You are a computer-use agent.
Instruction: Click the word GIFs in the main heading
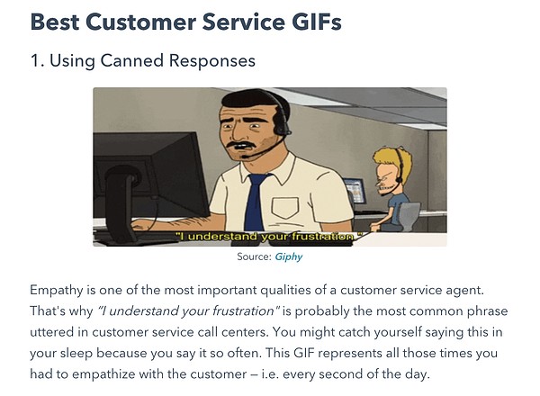(317, 22)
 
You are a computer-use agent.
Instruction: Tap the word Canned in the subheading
(132, 60)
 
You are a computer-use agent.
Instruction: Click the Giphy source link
(289, 256)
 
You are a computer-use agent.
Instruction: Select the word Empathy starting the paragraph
(57, 291)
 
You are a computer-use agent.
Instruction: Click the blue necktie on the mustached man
(256, 202)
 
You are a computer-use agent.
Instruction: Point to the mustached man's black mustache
(241, 145)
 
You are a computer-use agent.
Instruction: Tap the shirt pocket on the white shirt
(284, 208)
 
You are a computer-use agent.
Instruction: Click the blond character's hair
(392, 158)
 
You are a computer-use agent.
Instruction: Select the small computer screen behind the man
(355, 190)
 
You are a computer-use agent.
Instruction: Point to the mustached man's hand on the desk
(141, 226)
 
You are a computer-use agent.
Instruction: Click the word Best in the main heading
(55, 22)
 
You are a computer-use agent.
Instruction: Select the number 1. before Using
(37, 61)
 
